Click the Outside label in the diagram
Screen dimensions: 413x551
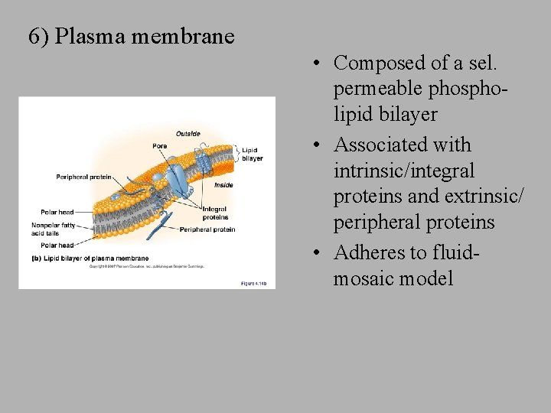coord(187,134)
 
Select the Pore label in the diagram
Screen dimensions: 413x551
coord(159,146)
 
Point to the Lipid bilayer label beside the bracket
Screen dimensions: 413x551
coord(252,154)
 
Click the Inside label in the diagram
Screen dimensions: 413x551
coord(223,185)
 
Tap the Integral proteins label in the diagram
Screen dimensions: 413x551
coord(215,213)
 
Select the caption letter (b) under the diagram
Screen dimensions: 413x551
coord(36,259)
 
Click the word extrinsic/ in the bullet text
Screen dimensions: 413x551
coord(482,197)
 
